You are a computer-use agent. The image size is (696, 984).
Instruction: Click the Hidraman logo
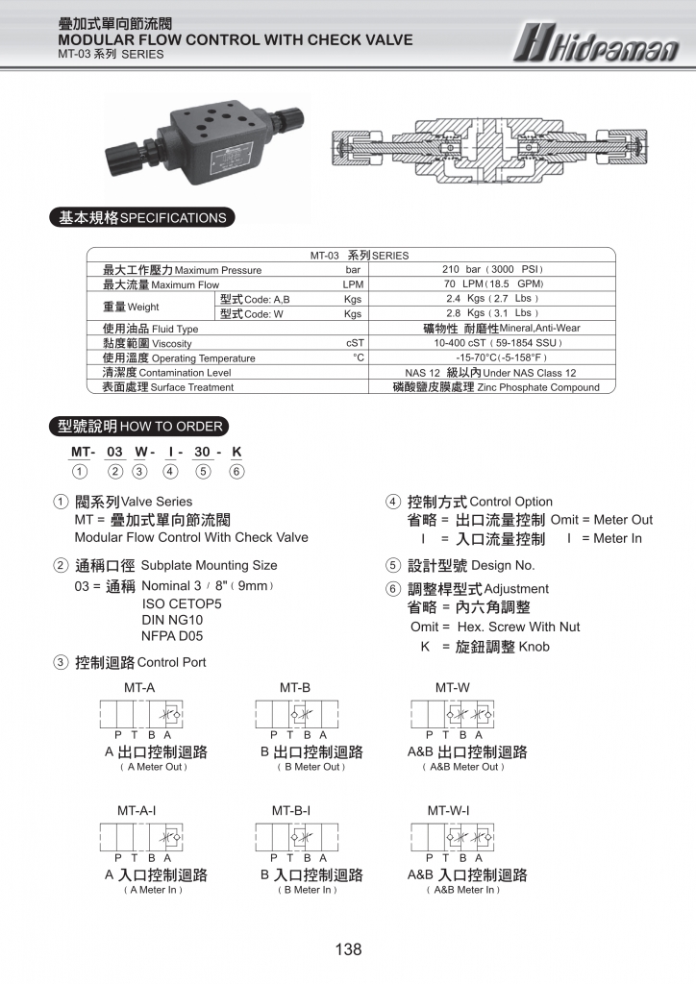point(595,42)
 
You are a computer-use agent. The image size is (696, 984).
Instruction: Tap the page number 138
point(348,949)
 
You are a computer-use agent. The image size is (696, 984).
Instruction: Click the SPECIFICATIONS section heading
point(141,218)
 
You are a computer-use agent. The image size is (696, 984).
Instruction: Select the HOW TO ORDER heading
point(139,427)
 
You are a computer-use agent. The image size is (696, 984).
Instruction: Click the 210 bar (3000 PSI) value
point(492,270)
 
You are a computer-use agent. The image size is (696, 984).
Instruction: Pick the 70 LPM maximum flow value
point(492,284)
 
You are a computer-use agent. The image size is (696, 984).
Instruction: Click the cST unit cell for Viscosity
point(354,343)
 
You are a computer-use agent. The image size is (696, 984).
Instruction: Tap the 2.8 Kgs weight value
point(492,313)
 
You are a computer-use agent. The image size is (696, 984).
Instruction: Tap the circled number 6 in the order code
point(236,471)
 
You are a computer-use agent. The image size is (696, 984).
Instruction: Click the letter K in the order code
point(236,452)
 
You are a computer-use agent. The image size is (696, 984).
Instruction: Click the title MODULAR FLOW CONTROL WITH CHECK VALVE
point(236,40)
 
